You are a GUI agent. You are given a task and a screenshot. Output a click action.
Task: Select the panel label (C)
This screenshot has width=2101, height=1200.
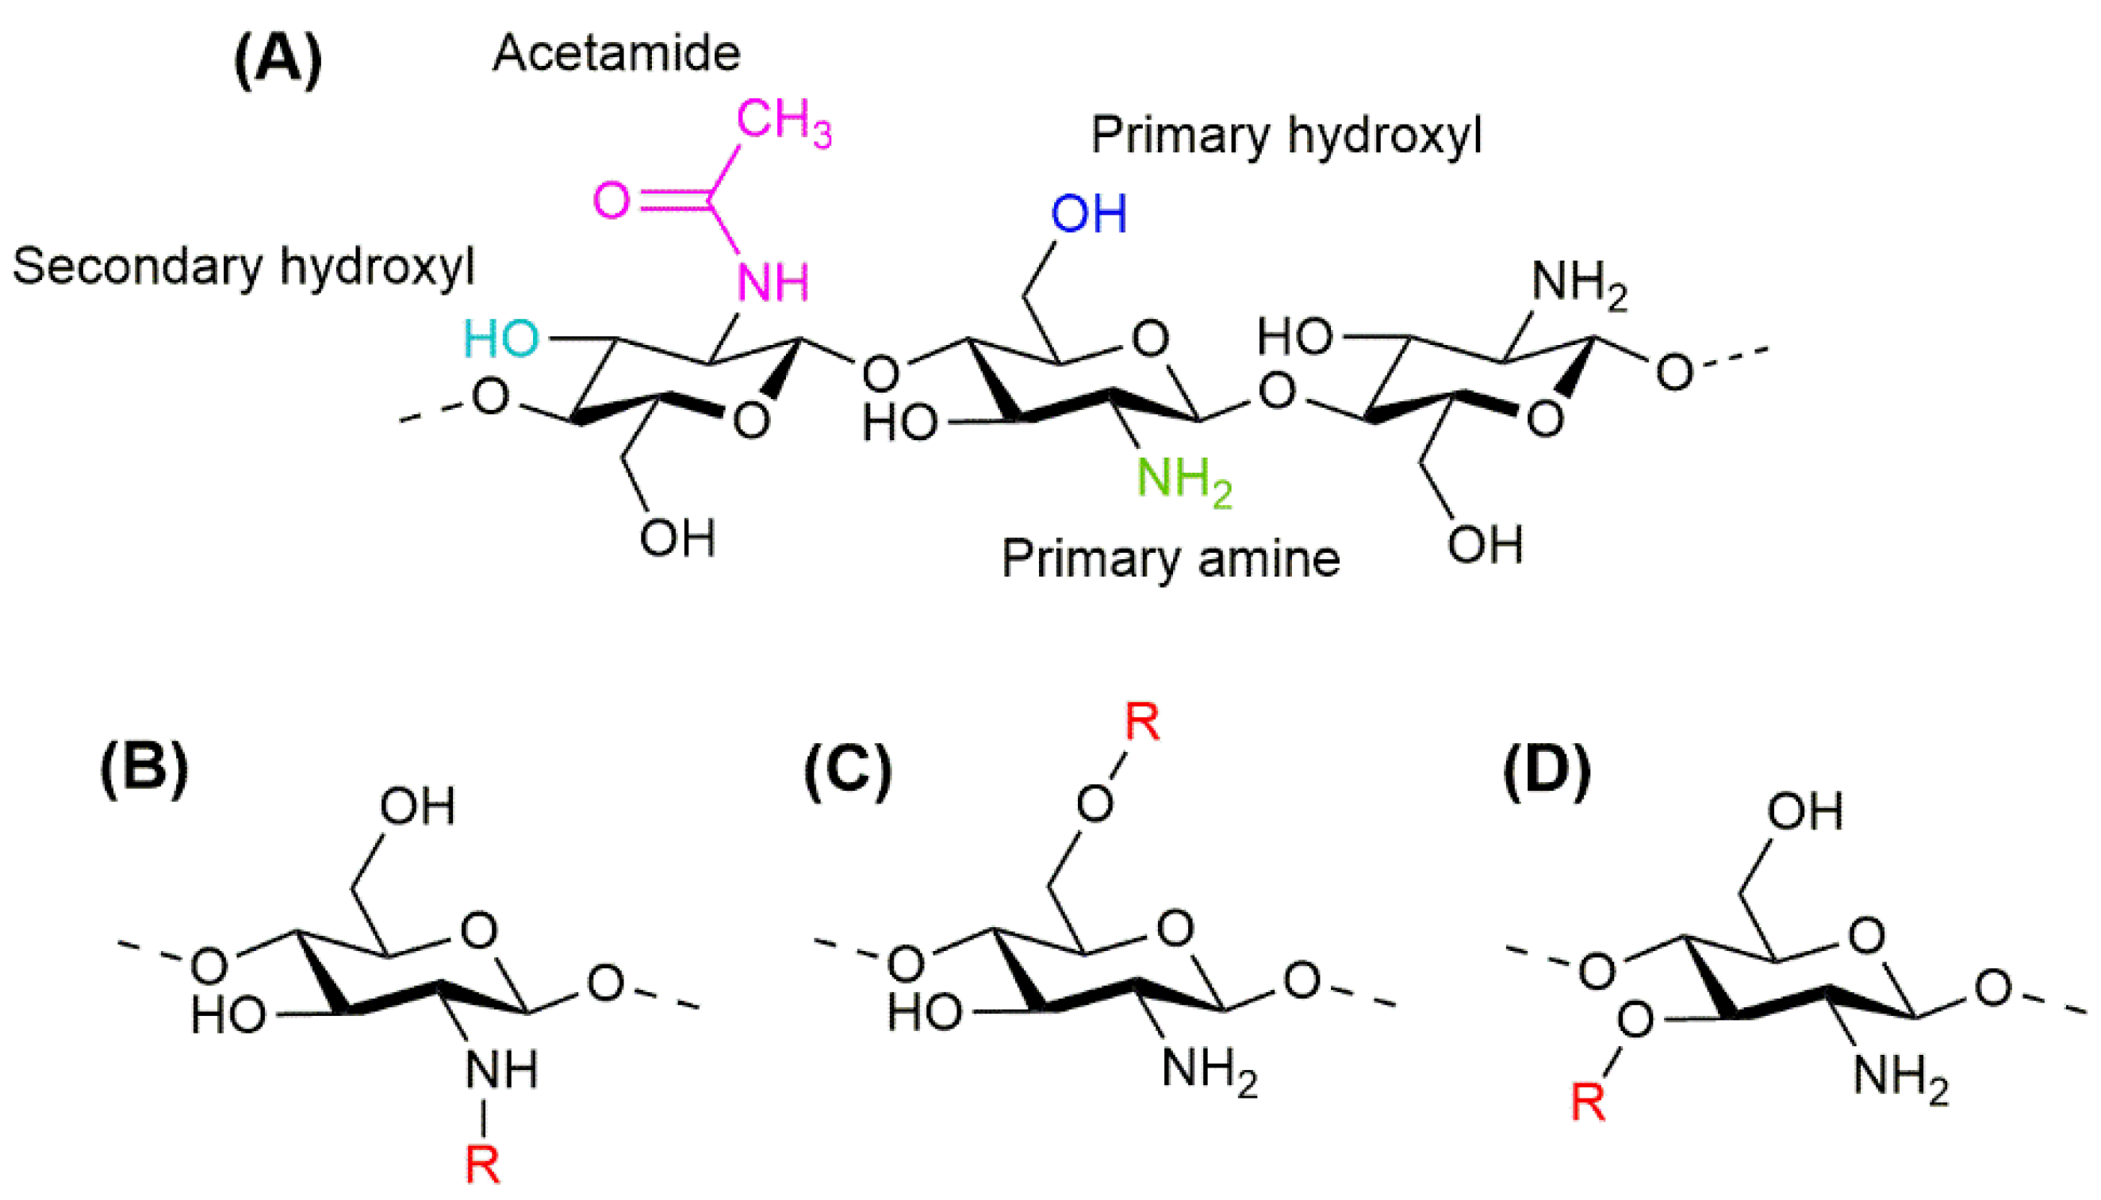[x=848, y=771]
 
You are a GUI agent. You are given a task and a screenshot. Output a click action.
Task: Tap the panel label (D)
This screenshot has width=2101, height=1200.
[x=1547, y=771]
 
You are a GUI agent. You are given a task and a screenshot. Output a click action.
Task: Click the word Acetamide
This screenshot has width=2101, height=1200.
[x=616, y=54]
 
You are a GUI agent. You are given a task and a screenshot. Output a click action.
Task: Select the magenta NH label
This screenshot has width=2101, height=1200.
[x=773, y=282]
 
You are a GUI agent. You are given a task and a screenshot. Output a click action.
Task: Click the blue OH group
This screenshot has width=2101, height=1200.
[x=1088, y=214]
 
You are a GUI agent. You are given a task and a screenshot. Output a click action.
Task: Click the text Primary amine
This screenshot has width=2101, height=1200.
[x=1171, y=560]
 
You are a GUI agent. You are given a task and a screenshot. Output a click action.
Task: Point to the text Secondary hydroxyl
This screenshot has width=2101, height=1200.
[x=243, y=267]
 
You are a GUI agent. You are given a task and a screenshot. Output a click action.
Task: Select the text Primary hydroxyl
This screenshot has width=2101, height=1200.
[x=1286, y=135]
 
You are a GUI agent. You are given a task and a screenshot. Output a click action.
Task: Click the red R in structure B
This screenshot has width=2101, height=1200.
[x=482, y=1164]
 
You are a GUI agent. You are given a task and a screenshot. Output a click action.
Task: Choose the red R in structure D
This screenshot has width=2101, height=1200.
[x=1588, y=1102]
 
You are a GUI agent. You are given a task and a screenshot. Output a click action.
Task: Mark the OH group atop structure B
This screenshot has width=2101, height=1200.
[x=417, y=806]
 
